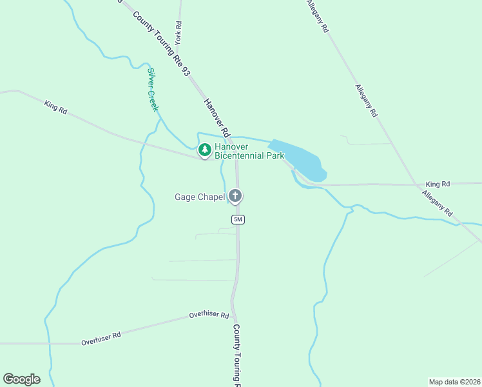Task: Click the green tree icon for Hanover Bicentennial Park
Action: [x=205, y=150]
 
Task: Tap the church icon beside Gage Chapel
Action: [x=236, y=195]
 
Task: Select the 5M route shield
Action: [x=238, y=219]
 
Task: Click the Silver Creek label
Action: [x=153, y=90]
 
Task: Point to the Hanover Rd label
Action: [x=217, y=117]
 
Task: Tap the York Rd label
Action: [x=178, y=33]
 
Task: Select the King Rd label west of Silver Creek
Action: [x=56, y=106]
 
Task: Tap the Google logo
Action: [x=21, y=379]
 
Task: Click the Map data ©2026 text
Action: [x=454, y=381]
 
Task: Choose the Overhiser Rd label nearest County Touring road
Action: [x=209, y=315]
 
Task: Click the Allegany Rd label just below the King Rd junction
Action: [x=438, y=203]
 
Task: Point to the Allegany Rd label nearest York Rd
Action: [x=318, y=17]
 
